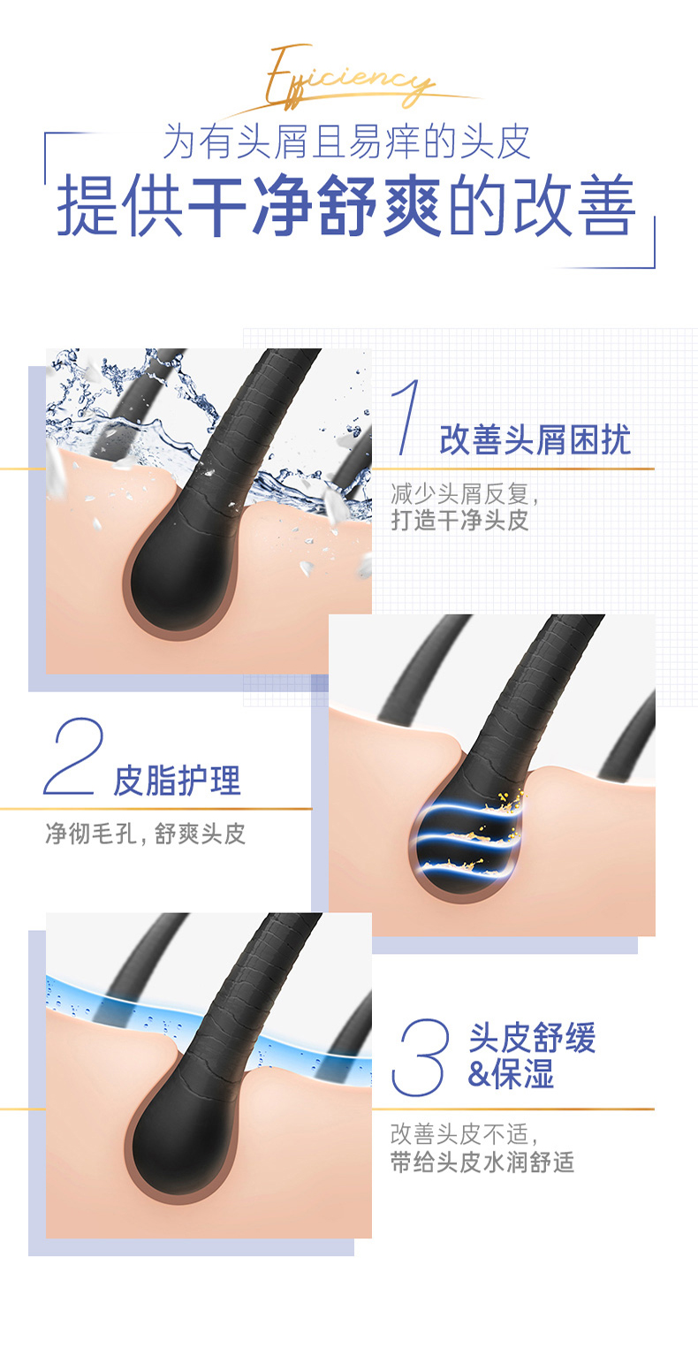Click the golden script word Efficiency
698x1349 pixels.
[x=349, y=79]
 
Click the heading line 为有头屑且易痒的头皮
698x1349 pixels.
[x=346, y=142]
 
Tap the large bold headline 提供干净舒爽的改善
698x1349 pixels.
[x=346, y=205]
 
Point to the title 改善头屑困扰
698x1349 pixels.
[x=535, y=439]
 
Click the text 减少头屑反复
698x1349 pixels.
[x=459, y=494]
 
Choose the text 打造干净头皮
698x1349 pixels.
[x=459, y=521]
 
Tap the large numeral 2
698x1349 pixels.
[x=73, y=757]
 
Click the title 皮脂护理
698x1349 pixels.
[x=177, y=781]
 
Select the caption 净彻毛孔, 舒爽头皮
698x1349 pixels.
[x=146, y=834]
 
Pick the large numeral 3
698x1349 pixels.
[x=420, y=1057]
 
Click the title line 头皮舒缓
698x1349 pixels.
[x=532, y=1037]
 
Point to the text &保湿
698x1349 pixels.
[x=511, y=1073]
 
